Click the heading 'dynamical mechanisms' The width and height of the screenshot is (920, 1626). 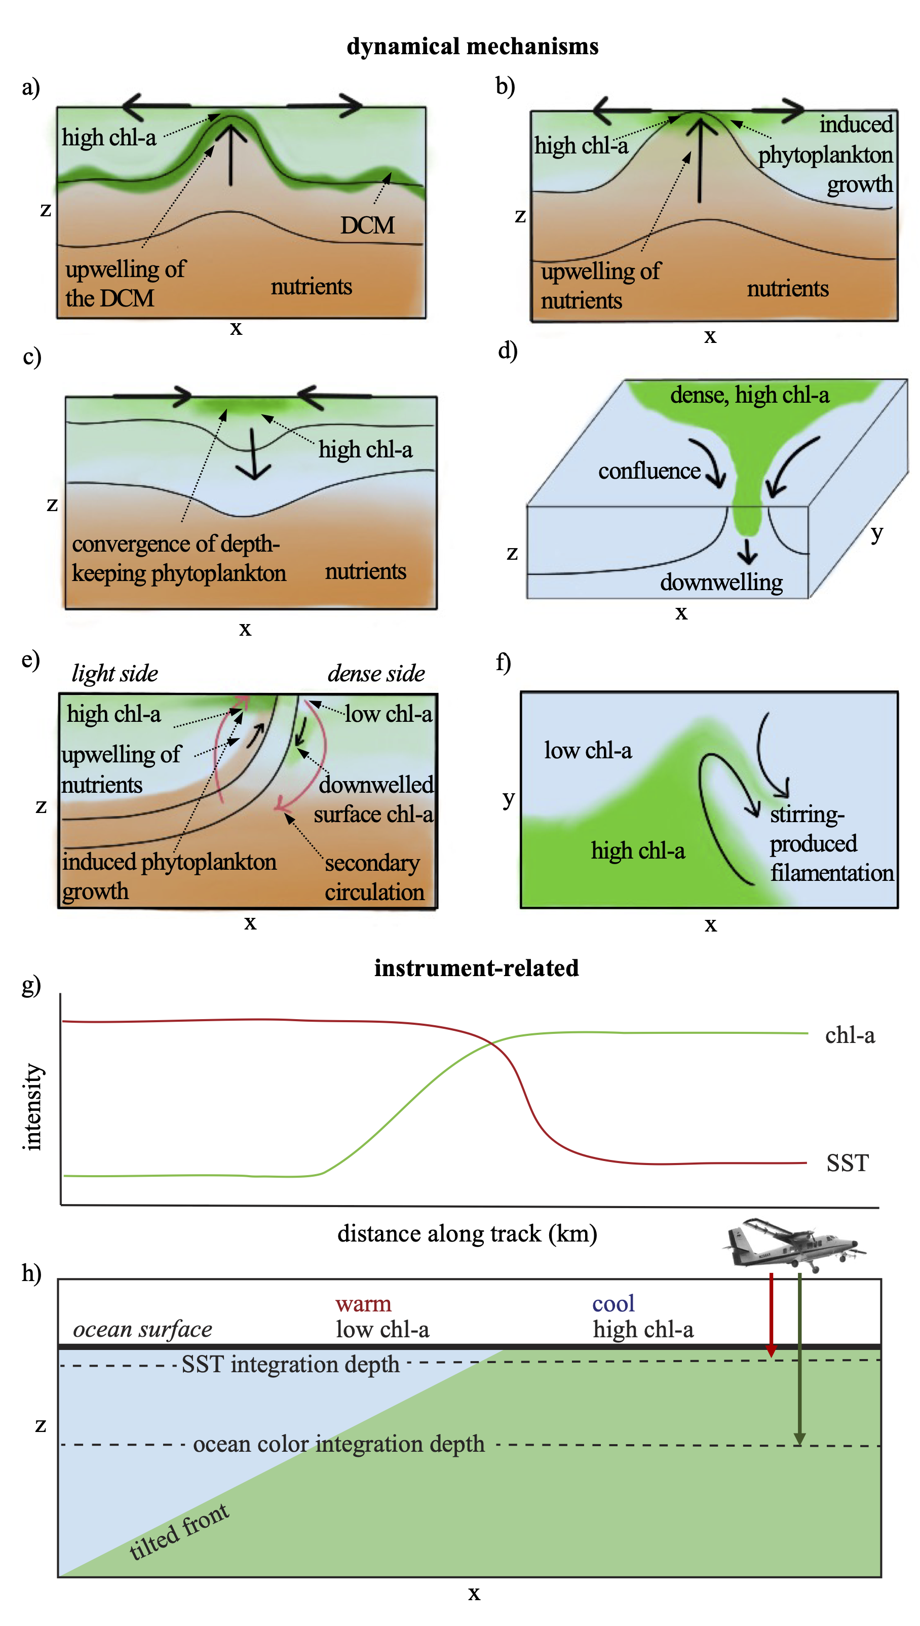[472, 46]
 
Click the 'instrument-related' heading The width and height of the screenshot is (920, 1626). [476, 968]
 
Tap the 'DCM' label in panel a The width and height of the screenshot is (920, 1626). [367, 225]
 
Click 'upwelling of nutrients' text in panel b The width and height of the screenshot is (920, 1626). [600, 286]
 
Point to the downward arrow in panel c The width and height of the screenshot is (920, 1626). [253, 455]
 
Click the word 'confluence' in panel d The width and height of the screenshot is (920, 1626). [649, 471]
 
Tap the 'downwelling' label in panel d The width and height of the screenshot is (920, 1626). [721, 582]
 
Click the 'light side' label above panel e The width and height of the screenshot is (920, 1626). [114, 673]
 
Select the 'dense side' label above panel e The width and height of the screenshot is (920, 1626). [376, 673]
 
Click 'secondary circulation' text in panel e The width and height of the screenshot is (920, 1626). [374, 877]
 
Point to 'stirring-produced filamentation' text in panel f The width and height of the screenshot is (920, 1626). [830, 843]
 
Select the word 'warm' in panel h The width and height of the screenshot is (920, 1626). [363, 1303]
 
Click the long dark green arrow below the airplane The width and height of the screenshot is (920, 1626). [799, 1358]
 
